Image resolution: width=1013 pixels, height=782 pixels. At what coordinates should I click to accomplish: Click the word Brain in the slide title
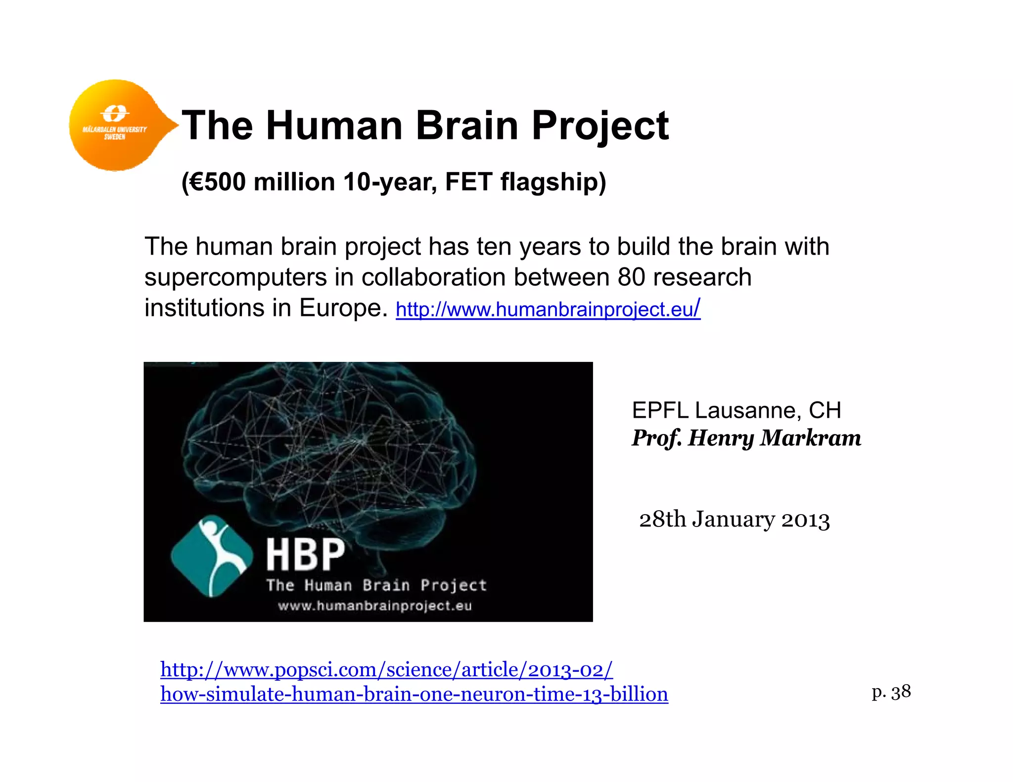(x=467, y=126)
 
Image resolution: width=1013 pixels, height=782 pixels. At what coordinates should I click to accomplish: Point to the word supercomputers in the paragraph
(x=235, y=277)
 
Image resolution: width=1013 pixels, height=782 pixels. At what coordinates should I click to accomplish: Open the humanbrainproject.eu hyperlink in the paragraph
(x=548, y=309)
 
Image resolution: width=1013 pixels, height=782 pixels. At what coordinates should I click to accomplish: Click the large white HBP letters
(x=305, y=555)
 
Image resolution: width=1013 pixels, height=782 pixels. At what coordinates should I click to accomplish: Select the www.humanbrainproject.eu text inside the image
(x=375, y=606)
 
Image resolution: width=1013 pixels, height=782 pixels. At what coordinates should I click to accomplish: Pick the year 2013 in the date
(x=805, y=520)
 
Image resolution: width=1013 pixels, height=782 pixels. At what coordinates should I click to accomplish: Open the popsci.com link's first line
(x=386, y=670)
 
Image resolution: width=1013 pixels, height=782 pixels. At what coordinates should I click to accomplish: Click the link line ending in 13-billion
(x=414, y=695)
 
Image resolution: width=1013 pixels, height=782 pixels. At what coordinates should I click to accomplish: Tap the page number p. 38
(x=891, y=692)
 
